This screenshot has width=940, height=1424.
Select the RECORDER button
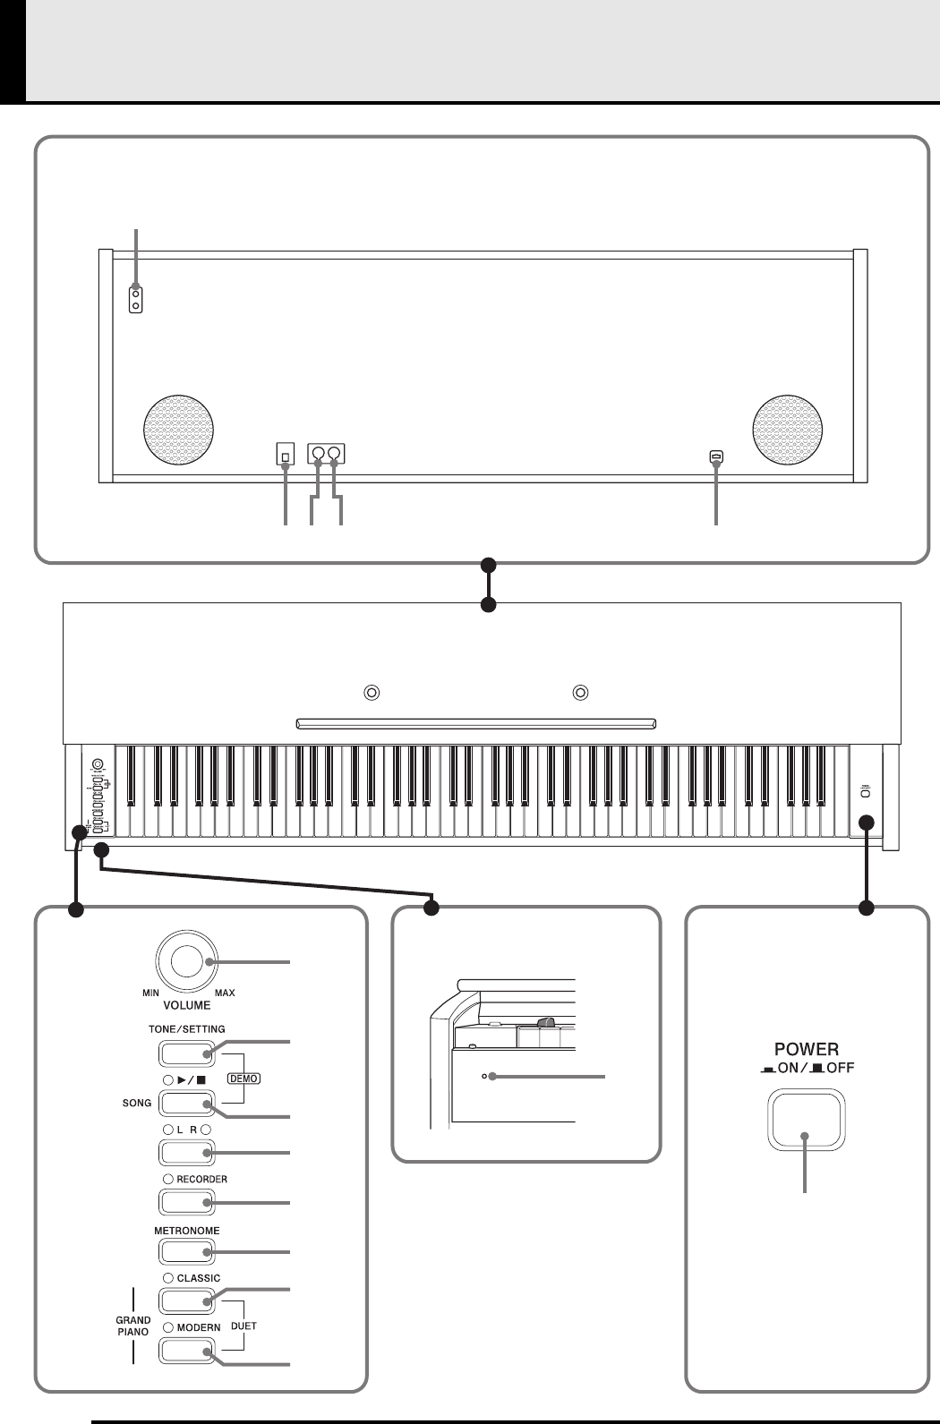point(187,1201)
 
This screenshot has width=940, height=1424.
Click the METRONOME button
point(187,1250)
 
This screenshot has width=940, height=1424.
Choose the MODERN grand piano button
point(187,1350)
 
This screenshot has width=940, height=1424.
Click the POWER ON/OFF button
point(806,1120)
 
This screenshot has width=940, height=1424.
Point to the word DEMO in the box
point(244,1079)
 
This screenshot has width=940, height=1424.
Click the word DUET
point(243,1326)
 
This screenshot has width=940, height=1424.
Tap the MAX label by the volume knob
point(225,993)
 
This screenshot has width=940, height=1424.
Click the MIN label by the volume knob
point(150,993)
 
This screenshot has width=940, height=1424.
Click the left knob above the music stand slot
point(372,692)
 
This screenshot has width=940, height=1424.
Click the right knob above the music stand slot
point(581,692)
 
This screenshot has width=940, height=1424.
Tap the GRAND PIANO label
point(133,1326)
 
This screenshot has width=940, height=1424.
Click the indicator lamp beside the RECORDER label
point(167,1179)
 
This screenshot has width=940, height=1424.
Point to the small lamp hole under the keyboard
point(484,1077)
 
